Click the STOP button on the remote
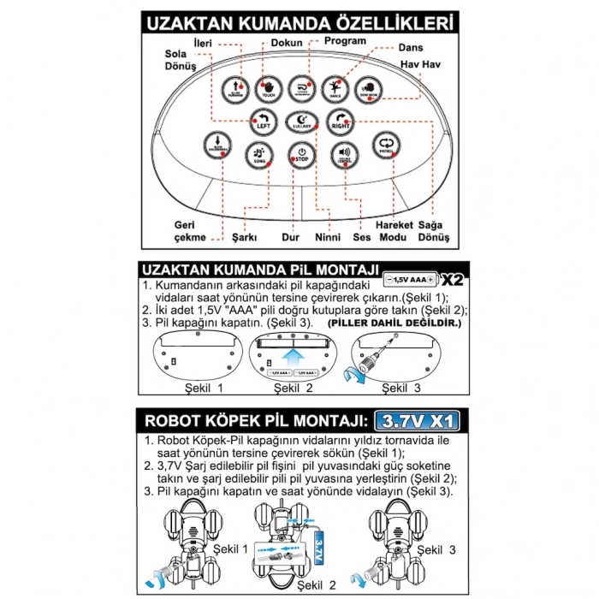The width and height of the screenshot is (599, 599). [299, 156]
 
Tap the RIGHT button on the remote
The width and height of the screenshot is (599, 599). [340, 122]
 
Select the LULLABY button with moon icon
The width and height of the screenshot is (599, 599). [299, 122]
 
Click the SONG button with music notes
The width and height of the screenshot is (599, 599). [258, 154]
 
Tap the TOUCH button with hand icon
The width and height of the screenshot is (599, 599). [269, 88]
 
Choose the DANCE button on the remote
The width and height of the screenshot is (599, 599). [334, 88]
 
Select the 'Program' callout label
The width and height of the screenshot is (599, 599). [345, 40]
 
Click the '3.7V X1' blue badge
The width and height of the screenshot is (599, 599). [418, 420]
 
